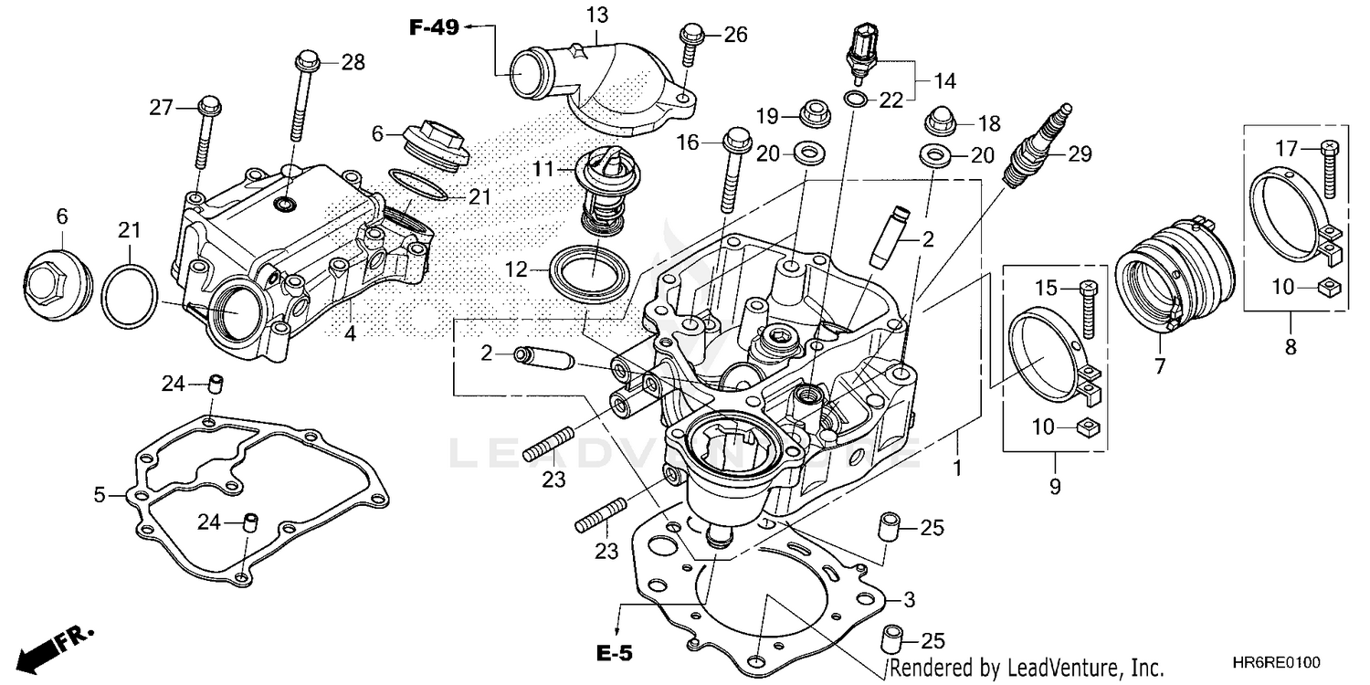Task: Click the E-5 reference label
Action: (x=614, y=653)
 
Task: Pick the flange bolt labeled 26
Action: (x=689, y=49)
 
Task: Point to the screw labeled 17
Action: (x=1328, y=169)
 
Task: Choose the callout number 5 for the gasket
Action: (x=100, y=495)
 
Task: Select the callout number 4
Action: (x=350, y=334)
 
